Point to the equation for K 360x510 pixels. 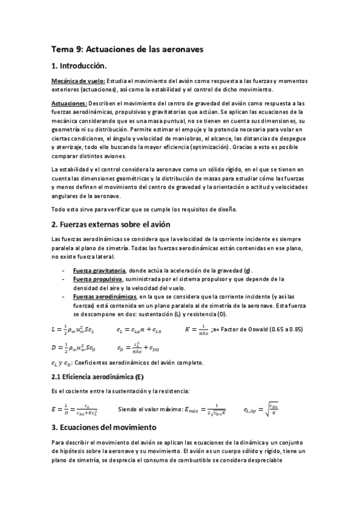(x=197, y=329)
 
